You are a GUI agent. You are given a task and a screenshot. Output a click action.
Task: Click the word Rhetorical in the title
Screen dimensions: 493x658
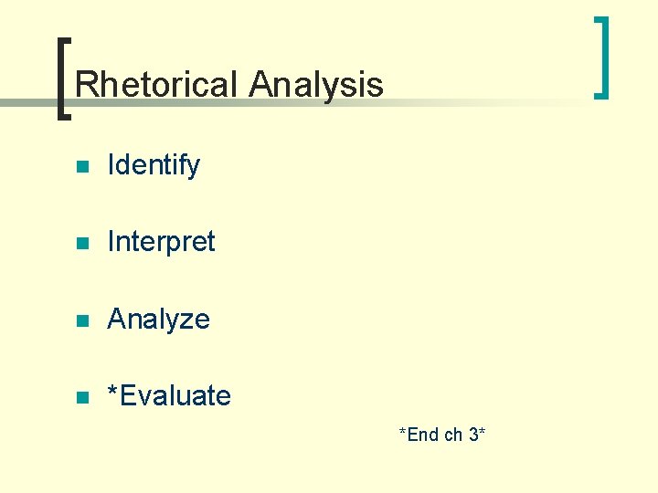click(157, 85)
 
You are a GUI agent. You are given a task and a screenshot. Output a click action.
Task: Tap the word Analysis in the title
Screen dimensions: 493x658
click(315, 85)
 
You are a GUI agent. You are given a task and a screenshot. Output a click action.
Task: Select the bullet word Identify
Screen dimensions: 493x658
click(154, 165)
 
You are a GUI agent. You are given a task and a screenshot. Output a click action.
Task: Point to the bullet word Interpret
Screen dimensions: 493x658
click(161, 242)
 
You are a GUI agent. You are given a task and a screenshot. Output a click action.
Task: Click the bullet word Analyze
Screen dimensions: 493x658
click(158, 320)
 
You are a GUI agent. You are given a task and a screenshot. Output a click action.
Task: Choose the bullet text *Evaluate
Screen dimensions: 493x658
click(169, 396)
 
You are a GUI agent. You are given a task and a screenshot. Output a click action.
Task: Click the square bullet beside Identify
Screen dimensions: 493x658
click(81, 167)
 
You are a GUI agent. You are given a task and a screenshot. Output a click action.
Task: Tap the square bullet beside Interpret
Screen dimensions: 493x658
click(81, 244)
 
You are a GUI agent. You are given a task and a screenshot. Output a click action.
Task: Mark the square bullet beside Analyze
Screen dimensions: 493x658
click(81, 320)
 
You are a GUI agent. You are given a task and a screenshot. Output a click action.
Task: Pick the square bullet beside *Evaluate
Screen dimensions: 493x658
click(81, 397)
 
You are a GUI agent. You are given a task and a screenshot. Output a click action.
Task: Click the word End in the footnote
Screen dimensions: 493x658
click(423, 435)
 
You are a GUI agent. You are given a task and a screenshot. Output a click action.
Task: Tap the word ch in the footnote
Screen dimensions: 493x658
click(453, 435)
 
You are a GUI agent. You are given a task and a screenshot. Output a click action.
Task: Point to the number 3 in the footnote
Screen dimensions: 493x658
click(473, 435)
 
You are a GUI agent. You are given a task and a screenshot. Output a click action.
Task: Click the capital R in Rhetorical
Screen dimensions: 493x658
click(85, 85)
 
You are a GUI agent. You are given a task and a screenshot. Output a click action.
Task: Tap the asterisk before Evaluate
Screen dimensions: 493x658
click(112, 392)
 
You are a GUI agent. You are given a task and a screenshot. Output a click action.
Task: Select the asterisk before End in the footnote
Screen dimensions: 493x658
click(402, 432)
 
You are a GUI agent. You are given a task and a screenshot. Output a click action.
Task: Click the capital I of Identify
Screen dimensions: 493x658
click(111, 165)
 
